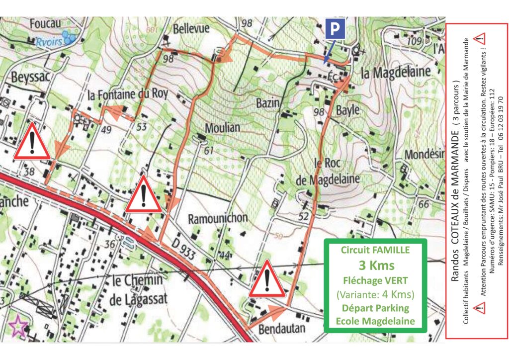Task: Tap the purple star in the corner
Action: pyautogui.click(x=18, y=327)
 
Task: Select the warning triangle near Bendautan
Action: pyautogui.click(x=267, y=279)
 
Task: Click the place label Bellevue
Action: pyautogui.click(x=191, y=29)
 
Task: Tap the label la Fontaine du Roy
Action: pyautogui.click(x=128, y=94)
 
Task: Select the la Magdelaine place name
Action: pyautogui.click(x=396, y=73)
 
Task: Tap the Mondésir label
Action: pyautogui.click(x=424, y=155)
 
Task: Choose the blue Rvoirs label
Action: pyautogui.click(x=50, y=42)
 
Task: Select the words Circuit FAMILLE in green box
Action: pyautogui.click(x=375, y=250)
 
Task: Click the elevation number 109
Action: pyautogui.click(x=414, y=40)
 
